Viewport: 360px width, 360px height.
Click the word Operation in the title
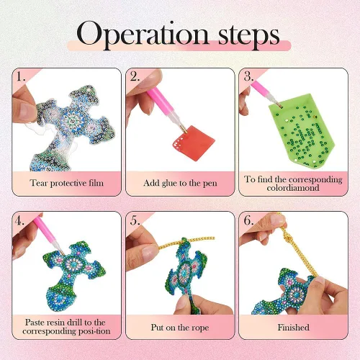click(x=143, y=35)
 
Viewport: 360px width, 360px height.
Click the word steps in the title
click(x=249, y=37)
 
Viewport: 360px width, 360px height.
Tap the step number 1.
click(x=21, y=76)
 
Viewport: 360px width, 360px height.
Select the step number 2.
click(x=135, y=76)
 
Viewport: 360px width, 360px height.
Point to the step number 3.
click(x=249, y=76)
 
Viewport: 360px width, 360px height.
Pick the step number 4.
click(x=19, y=220)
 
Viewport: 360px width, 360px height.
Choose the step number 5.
click(x=135, y=220)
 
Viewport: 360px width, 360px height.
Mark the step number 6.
click(x=248, y=220)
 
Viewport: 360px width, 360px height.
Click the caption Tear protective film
click(x=67, y=183)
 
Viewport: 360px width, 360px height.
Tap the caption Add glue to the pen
click(x=180, y=183)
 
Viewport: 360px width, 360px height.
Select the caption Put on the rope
click(x=180, y=328)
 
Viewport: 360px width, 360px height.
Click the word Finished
click(x=293, y=328)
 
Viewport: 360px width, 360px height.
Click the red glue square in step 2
click(x=194, y=142)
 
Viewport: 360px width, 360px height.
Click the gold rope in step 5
click(x=186, y=242)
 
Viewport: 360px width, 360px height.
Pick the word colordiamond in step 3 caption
click(x=293, y=188)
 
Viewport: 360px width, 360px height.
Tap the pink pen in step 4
click(x=49, y=236)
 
